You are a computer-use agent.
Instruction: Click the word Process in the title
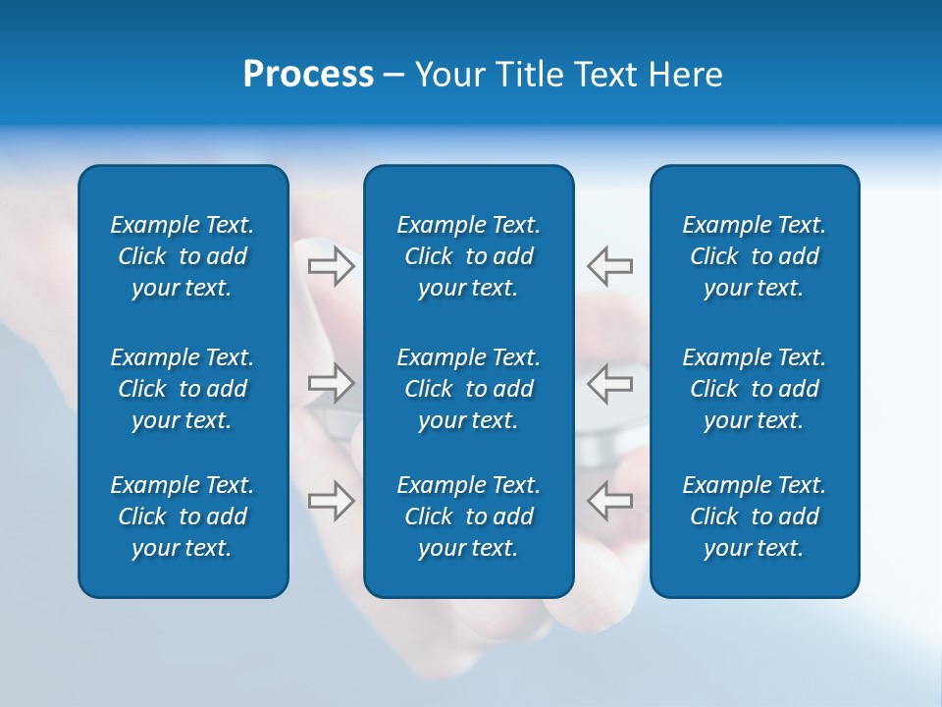308,75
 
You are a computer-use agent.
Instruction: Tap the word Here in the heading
686,75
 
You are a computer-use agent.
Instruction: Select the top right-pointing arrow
331,266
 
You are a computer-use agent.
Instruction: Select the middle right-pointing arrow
331,383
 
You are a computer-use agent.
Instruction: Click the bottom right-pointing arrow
331,501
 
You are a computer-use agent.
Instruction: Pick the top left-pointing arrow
610,266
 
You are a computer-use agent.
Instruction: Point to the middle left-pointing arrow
610,383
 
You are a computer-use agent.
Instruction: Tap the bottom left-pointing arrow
610,501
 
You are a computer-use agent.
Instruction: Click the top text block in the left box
183,256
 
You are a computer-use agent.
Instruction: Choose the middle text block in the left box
183,389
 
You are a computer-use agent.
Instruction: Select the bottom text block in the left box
183,517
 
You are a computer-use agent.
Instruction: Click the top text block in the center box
469,256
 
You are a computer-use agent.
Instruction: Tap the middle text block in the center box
469,389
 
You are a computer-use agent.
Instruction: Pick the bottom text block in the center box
469,517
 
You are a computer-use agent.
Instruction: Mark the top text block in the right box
755,256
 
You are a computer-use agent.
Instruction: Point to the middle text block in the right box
755,389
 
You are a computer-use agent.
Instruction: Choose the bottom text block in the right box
755,517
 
